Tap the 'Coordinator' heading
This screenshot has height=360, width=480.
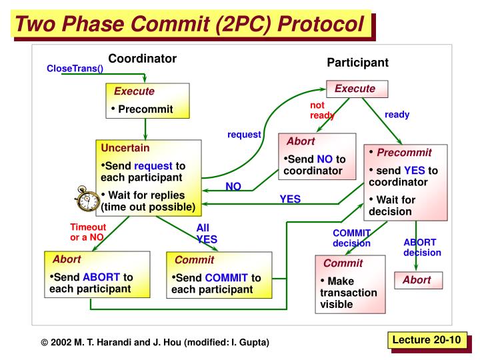(x=143, y=58)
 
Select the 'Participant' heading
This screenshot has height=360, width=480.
(x=357, y=62)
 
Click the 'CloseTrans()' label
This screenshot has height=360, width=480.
(x=75, y=69)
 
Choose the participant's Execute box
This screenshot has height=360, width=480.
(x=355, y=89)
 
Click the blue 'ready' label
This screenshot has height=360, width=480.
(x=397, y=115)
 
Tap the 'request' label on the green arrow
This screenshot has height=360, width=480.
(x=244, y=134)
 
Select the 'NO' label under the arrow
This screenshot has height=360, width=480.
(x=233, y=187)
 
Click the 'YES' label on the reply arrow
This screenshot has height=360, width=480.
(x=290, y=199)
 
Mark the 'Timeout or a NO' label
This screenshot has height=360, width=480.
(x=88, y=232)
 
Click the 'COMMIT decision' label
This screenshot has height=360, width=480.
(x=351, y=238)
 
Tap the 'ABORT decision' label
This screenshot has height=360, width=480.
(x=422, y=247)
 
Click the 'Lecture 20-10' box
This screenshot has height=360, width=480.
(x=426, y=340)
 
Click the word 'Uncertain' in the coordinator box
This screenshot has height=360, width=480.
(x=125, y=147)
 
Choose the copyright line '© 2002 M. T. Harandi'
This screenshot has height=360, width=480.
(x=155, y=342)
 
